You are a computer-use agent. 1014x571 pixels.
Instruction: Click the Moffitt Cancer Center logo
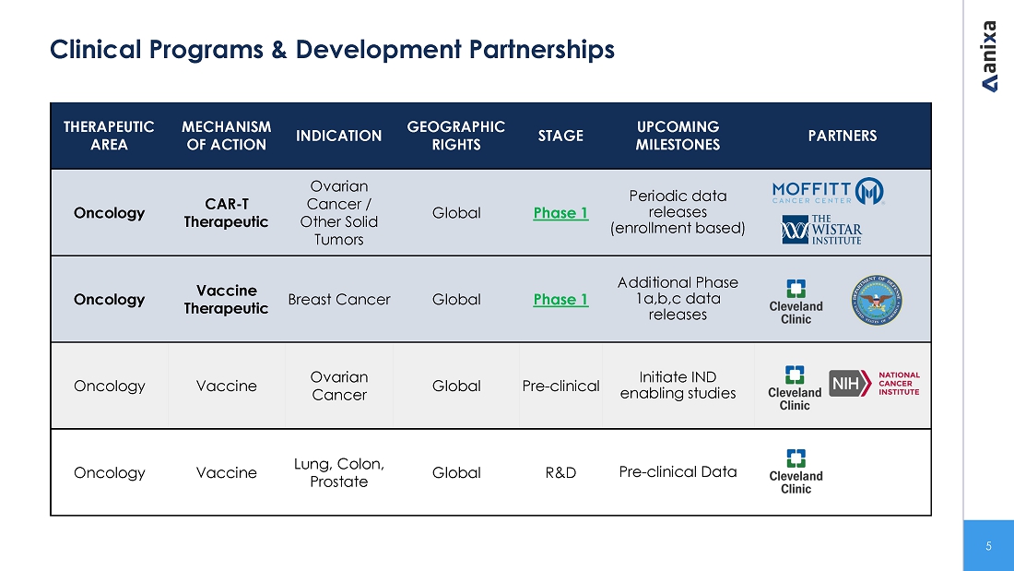828,191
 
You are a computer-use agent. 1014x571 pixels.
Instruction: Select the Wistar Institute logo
821,230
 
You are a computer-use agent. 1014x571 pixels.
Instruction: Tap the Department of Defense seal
877,300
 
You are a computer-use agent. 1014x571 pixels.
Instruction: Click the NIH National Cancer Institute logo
874,383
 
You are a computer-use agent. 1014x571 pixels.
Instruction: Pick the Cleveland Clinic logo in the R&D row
796,472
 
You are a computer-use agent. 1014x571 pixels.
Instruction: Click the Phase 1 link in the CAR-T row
560,213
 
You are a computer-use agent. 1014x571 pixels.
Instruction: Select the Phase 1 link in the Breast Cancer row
560,300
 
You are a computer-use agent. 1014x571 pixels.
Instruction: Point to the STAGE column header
560,136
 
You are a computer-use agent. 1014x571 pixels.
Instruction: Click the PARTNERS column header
842,136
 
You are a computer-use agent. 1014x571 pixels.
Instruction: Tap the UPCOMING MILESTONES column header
678,136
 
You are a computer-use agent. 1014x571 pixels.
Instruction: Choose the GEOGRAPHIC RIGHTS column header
456,136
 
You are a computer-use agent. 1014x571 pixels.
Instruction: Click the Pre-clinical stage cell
560,386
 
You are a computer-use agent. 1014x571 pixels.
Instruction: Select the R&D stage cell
560,472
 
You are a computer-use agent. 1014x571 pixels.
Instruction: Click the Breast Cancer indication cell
339,300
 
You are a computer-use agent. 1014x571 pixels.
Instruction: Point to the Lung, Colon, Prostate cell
339,472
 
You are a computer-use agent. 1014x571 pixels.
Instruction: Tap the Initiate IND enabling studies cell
678,386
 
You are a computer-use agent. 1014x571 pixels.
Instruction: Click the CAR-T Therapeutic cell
227,213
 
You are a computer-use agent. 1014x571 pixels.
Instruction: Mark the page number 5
988,546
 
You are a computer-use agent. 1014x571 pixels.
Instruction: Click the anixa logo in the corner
989,56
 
